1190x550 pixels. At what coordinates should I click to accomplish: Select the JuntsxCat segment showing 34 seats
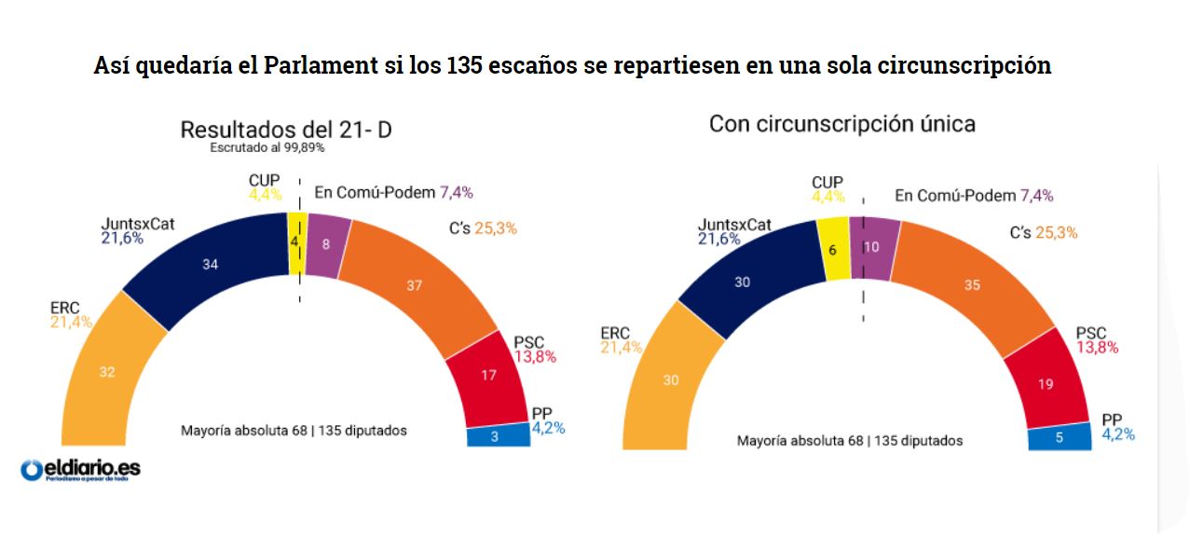click(210, 266)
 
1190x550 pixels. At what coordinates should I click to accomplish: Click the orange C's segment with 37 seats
click(415, 286)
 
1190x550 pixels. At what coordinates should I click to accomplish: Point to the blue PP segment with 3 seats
click(498, 436)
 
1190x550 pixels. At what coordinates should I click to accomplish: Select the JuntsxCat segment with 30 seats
click(744, 282)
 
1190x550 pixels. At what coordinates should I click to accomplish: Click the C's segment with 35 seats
click(971, 286)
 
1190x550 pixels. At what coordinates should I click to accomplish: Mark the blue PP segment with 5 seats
click(1059, 437)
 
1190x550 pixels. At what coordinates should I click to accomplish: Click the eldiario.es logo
click(80, 470)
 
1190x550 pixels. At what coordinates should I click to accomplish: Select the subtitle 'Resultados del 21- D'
click(285, 130)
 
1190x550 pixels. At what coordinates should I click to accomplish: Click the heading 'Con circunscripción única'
click(841, 124)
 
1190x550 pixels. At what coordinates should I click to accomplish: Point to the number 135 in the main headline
click(466, 67)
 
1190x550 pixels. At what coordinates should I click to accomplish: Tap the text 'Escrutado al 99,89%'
click(267, 147)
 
